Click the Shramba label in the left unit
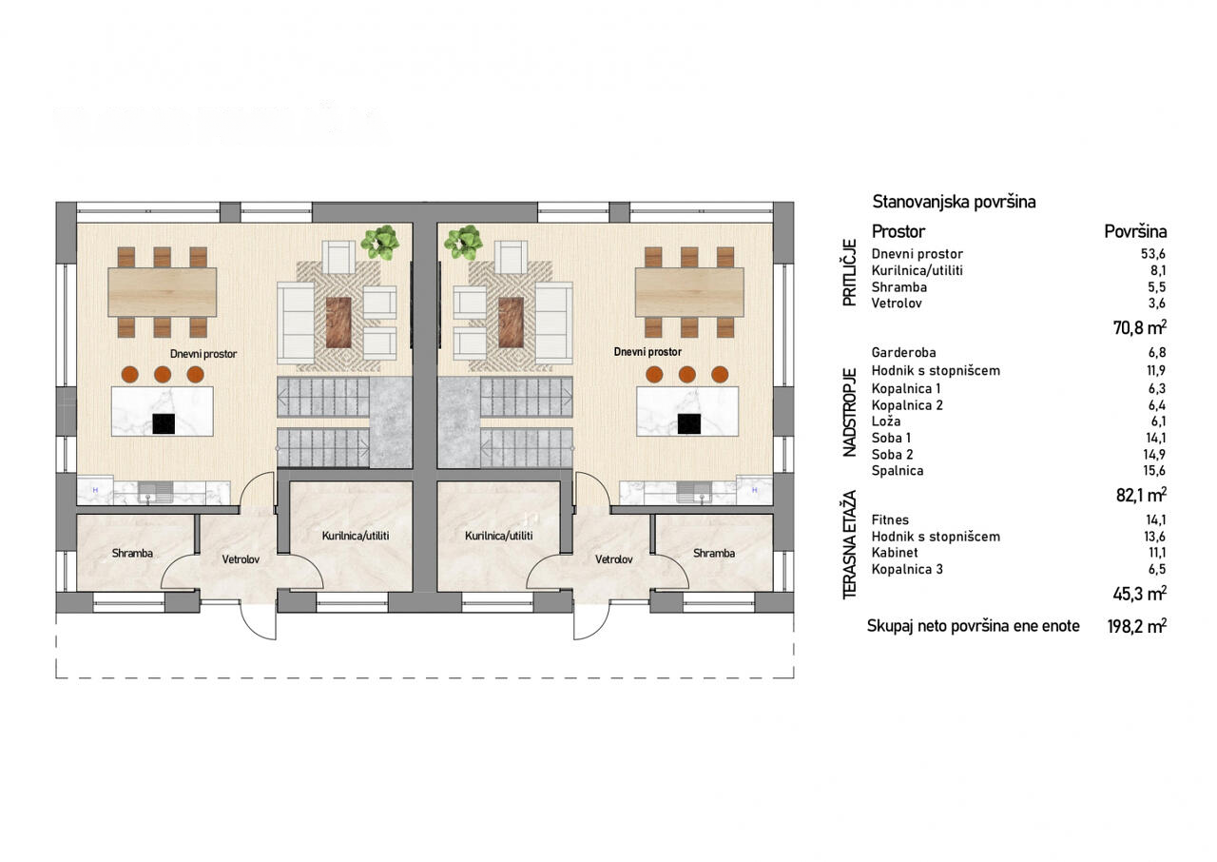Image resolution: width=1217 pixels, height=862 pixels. click(132, 554)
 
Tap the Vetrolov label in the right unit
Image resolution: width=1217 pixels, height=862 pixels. click(613, 559)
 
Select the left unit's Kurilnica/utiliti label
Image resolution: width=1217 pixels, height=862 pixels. click(356, 536)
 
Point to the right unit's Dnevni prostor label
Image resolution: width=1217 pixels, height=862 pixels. click(647, 352)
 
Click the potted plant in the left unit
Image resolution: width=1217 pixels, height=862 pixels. click(381, 242)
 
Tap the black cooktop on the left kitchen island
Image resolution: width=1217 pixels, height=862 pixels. click(164, 424)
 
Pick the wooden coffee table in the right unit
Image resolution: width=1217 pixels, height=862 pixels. click(511, 323)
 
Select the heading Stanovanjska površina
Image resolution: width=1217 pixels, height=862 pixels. click(954, 203)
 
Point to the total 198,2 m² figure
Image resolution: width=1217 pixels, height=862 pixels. click(1137, 627)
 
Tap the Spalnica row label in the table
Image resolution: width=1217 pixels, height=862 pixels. click(898, 471)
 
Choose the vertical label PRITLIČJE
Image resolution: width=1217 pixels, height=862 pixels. click(849, 273)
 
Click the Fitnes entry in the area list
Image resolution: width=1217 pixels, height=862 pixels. click(890, 520)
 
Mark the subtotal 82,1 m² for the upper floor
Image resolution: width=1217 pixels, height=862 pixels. click(1142, 495)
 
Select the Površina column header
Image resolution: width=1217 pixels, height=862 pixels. click(1135, 231)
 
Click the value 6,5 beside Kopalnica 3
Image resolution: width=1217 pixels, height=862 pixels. click(1158, 570)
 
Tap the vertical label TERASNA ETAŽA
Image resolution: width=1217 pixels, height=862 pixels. click(849, 545)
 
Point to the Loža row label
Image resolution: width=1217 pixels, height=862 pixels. click(886, 421)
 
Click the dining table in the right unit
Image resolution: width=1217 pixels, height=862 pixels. click(689, 292)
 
